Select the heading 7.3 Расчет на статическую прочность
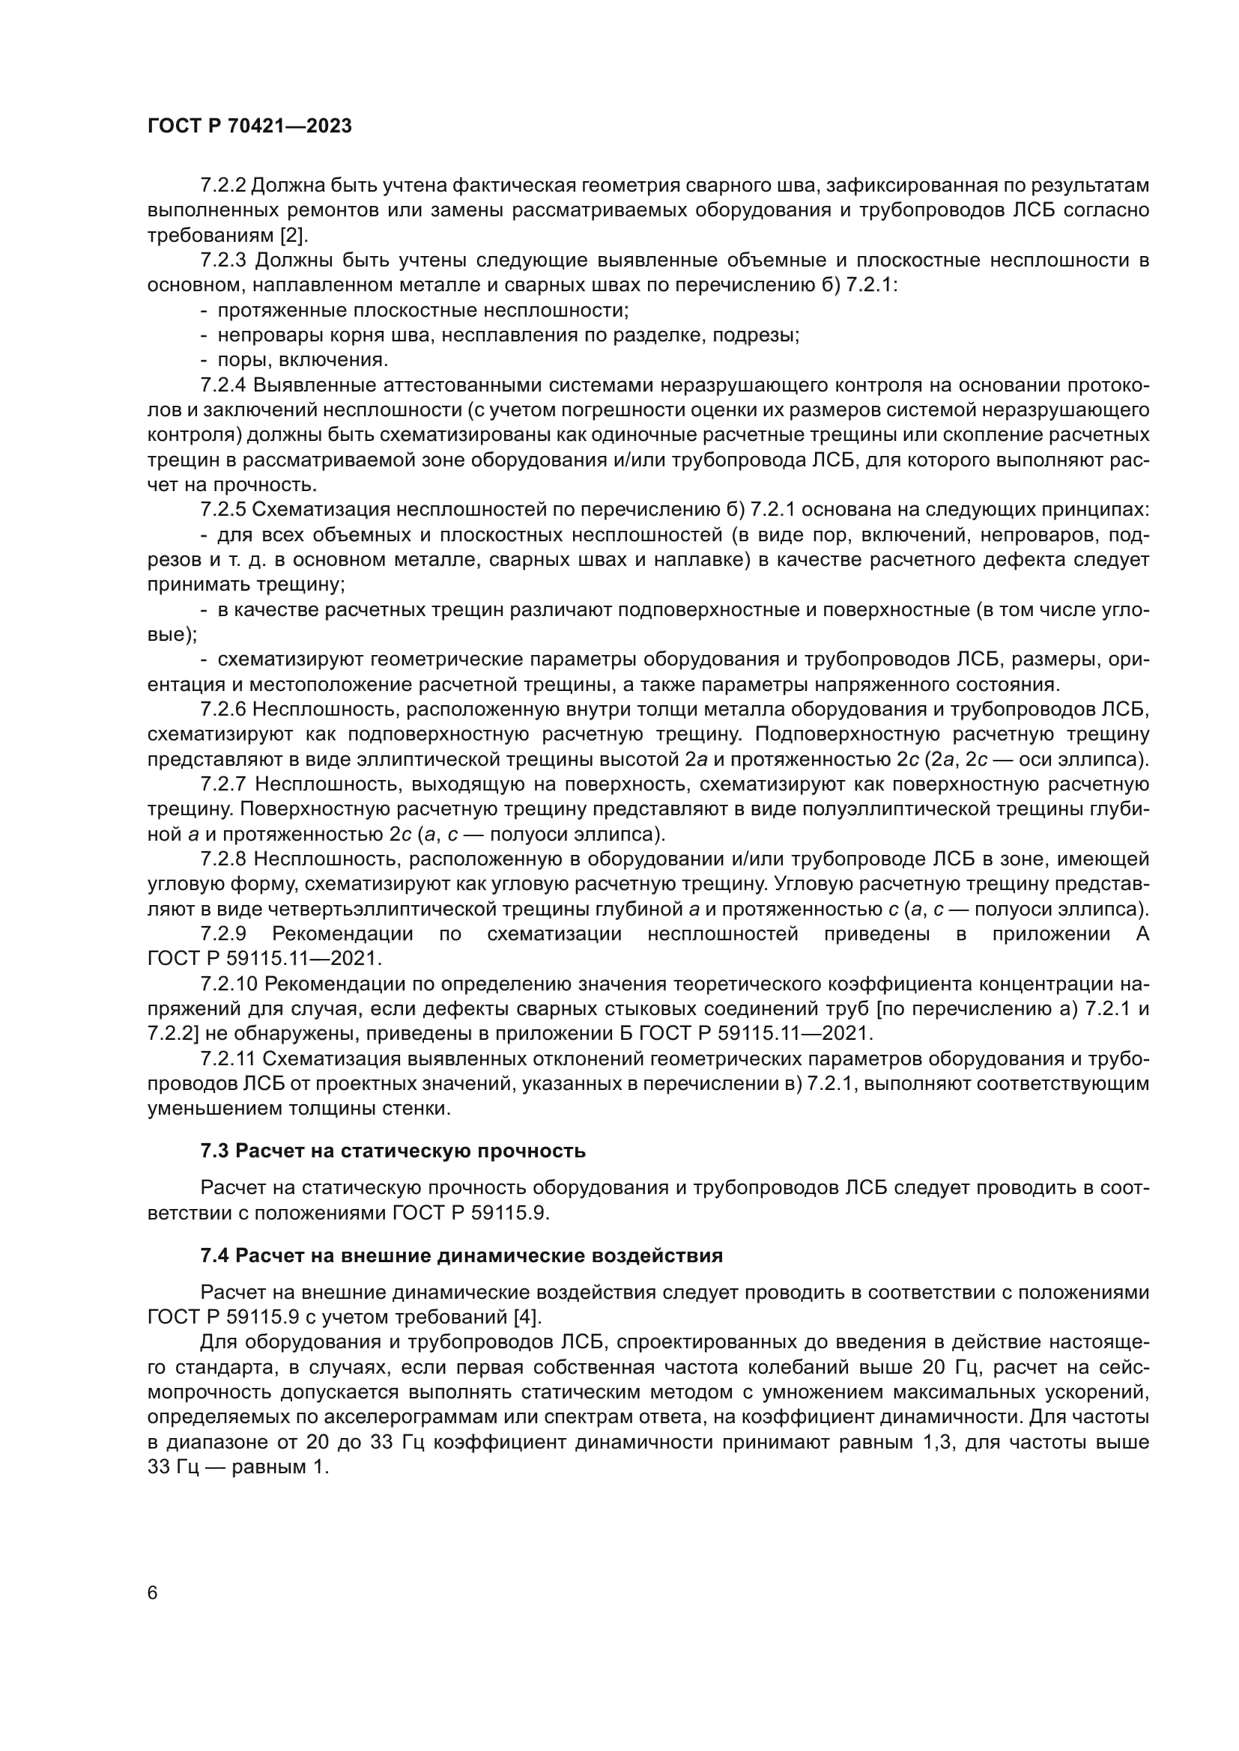coord(393,1151)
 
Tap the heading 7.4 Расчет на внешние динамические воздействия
coord(461,1255)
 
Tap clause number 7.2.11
coord(228,1059)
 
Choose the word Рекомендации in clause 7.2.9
coord(342,934)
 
